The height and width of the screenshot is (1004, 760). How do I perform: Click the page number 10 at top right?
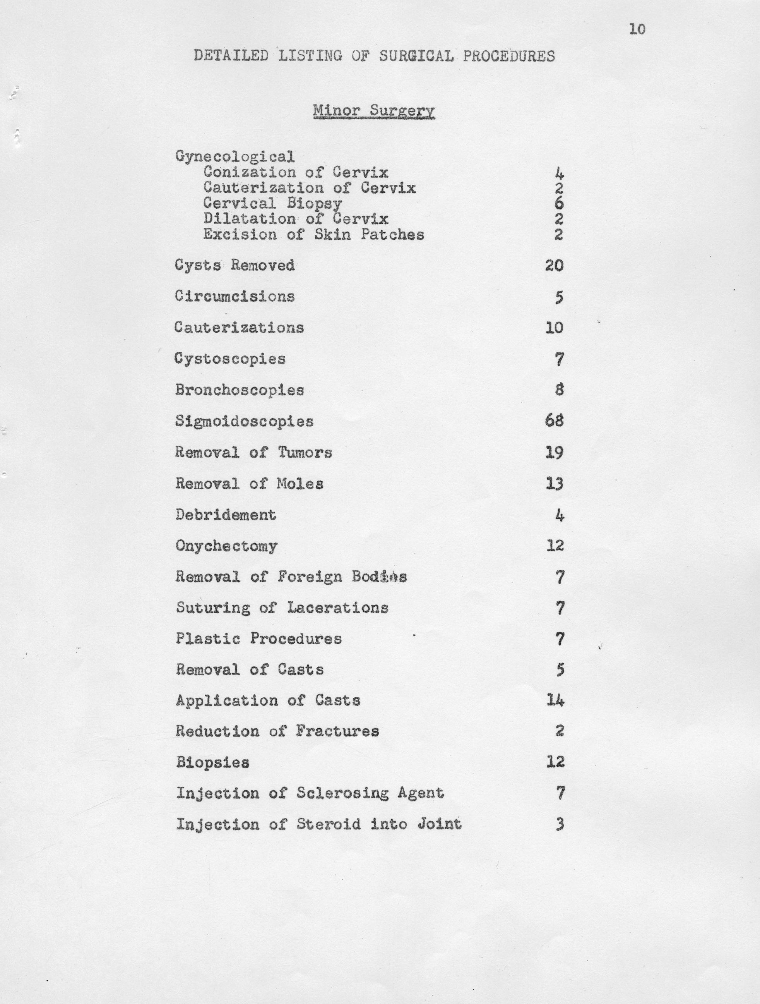pos(637,29)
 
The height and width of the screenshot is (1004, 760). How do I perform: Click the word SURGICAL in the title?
pos(416,56)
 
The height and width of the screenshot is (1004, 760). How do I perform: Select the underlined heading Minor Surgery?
pos(374,110)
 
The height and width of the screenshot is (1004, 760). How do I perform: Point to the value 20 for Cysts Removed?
pos(554,265)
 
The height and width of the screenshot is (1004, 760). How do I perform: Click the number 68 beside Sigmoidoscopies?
pos(554,421)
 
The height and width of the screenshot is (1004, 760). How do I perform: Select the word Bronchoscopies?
pos(240,390)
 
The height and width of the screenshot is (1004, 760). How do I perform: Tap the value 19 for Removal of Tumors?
pos(554,453)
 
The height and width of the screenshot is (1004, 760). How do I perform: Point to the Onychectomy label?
pos(226,546)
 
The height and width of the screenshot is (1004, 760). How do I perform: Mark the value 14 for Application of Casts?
pos(555,701)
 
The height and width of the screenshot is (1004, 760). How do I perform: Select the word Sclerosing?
pos(342,793)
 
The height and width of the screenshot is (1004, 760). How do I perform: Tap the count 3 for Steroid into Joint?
pos(560,824)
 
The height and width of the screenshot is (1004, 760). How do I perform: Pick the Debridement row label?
pos(226,515)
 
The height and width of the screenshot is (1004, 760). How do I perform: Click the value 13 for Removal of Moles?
pos(554,484)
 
